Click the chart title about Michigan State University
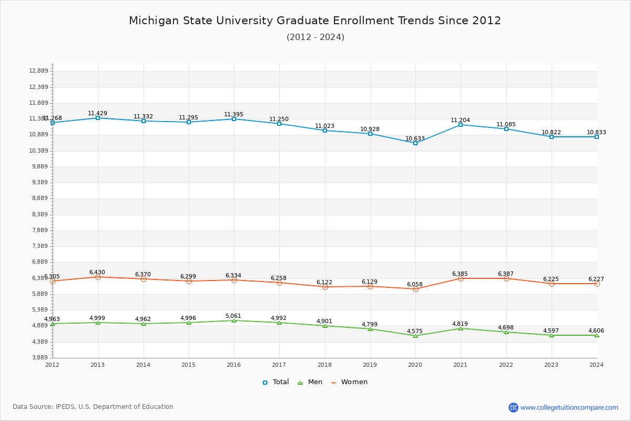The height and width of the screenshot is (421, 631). coord(315,21)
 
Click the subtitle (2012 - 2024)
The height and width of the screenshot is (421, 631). coord(315,37)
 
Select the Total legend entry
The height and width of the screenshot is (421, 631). coord(276,382)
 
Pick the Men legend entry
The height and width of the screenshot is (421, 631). coord(310,382)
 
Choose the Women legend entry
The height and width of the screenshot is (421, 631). coord(349,382)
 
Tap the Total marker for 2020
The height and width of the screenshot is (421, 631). coord(415,143)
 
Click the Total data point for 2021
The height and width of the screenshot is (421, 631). coord(461,125)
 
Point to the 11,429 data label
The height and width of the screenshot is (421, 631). coord(97,113)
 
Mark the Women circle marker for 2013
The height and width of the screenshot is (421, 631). coord(98,277)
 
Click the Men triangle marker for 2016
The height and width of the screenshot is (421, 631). coord(234,320)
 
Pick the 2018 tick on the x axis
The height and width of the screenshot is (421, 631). coord(324,364)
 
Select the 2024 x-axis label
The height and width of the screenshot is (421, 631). coord(596,364)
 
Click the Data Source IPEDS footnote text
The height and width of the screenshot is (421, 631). coord(93,407)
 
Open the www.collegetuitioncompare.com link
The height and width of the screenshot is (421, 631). coord(569,407)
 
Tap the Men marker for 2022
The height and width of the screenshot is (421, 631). coord(506,332)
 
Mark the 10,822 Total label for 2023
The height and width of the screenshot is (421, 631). coord(551,132)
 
